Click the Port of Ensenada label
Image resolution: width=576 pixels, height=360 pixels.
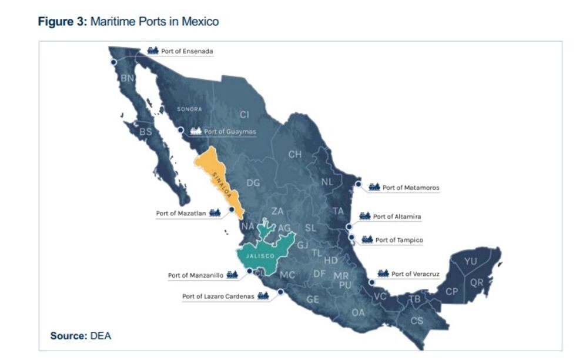pos(187,51)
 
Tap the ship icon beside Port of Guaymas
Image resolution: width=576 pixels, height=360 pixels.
pos(196,131)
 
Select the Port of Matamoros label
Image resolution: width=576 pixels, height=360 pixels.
pos(411,188)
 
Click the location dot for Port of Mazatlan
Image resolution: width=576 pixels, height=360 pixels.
pos(232,209)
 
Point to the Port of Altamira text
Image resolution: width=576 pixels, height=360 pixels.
pos(397,216)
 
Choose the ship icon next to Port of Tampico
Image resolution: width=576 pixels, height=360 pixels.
pos(367,239)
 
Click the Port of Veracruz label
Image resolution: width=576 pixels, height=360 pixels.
pos(415,274)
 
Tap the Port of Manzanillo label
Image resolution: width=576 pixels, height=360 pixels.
pos(195,275)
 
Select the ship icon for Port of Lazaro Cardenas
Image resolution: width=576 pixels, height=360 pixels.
pos(263,296)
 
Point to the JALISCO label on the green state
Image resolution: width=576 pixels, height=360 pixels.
pos(260,256)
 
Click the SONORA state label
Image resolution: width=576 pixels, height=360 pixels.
pos(189,109)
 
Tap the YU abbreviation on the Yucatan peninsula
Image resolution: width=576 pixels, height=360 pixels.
pos(470,261)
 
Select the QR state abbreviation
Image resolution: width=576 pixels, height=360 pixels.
pos(477,282)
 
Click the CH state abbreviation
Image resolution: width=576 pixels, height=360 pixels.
pos(294,154)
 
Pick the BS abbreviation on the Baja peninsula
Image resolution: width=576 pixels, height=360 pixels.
pos(145,132)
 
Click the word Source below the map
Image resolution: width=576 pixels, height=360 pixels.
pos(68,336)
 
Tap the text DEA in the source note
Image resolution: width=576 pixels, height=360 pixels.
pos(101,336)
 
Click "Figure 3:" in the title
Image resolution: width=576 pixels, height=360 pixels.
pos(62,22)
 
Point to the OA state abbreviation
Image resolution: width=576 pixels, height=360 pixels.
pos(358,312)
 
